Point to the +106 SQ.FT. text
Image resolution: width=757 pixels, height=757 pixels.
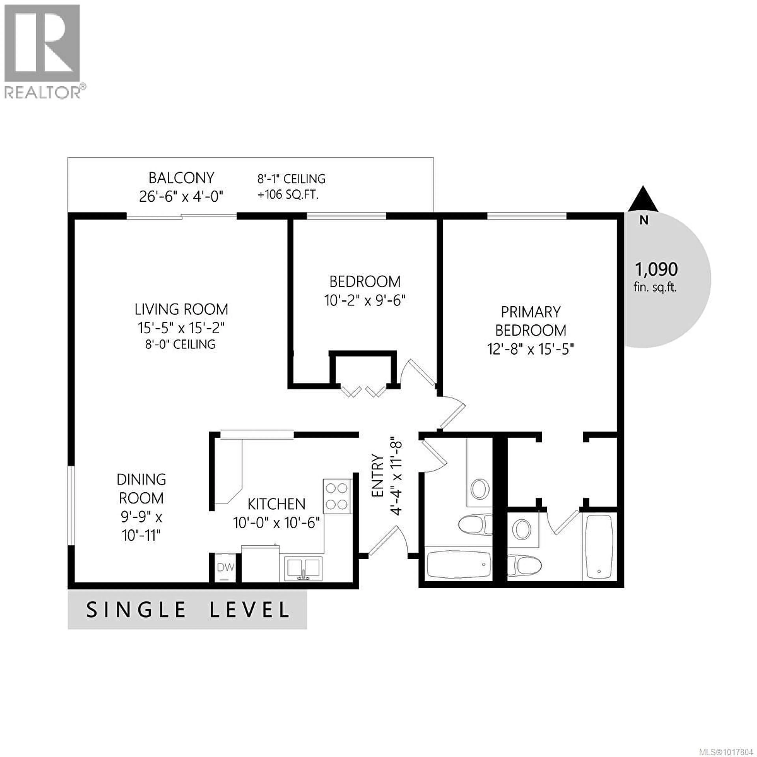click(288, 195)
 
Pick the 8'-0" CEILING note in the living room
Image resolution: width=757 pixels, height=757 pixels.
click(180, 344)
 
